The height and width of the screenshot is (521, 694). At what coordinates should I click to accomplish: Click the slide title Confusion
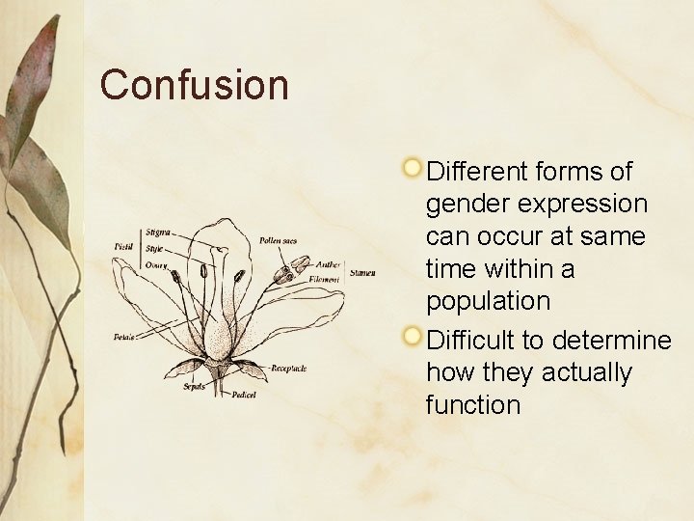(x=194, y=85)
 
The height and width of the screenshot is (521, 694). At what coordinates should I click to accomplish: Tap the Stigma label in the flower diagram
(x=159, y=232)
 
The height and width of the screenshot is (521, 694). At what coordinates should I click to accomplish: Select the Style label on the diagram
(x=155, y=248)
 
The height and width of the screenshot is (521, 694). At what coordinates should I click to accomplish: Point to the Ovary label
(x=157, y=264)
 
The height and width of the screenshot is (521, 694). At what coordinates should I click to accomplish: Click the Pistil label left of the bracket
(x=123, y=248)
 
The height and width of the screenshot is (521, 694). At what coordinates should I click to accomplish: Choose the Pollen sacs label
(x=278, y=240)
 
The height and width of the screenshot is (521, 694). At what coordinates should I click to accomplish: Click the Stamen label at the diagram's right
(x=363, y=272)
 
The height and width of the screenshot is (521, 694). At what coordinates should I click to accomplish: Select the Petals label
(x=123, y=337)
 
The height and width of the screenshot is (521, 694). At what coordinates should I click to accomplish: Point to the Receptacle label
(x=288, y=368)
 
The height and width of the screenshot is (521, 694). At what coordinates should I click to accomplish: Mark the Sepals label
(x=195, y=386)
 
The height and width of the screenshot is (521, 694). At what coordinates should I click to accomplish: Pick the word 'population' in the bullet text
(x=488, y=301)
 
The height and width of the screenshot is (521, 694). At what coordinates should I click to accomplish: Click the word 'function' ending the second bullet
(x=472, y=405)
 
